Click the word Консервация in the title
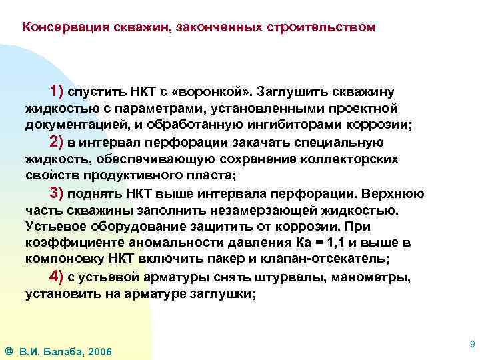tap(57, 27)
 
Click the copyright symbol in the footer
tap(8, 351)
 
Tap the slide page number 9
tap(472, 344)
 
